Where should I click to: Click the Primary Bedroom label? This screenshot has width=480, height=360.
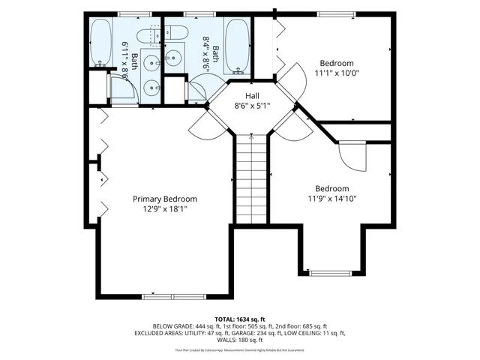(165, 199)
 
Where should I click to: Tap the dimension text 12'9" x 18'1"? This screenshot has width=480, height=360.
(165, 209)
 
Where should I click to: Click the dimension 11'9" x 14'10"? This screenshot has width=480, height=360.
(331, 199)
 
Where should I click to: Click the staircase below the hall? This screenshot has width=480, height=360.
(252, 180)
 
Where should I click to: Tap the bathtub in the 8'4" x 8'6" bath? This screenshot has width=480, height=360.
(236, 47)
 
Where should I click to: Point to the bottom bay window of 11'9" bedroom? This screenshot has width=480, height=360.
(331, 273)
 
